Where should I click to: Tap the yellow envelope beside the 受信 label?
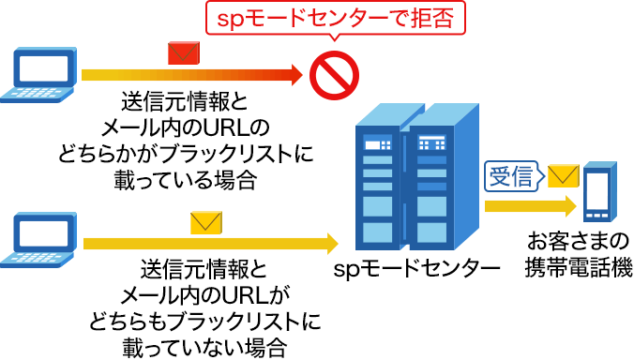pyautogui.click(x=563, y=175)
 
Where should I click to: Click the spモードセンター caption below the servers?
pyautogui.click(x=416, y=271)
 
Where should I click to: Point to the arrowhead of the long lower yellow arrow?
pyautogui.click(x=331, y=245)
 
